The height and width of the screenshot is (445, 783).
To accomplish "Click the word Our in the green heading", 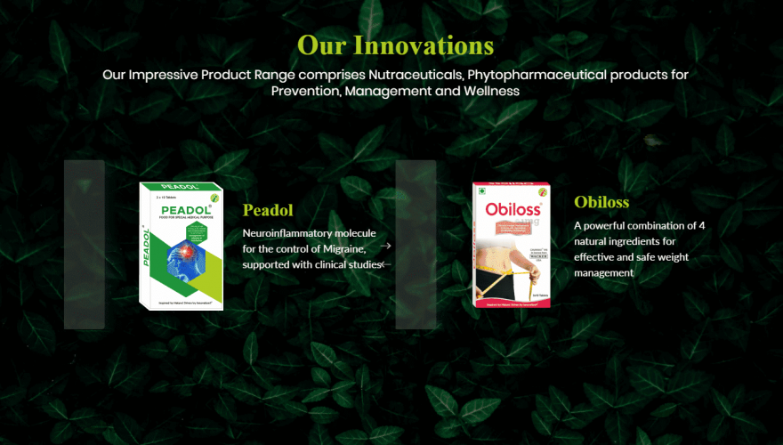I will click(322, 44).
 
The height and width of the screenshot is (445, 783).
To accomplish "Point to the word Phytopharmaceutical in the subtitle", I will click(532, 75).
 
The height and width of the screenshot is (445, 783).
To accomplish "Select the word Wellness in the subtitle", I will click(488, 92).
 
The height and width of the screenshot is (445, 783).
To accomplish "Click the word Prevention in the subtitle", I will click(304, 92).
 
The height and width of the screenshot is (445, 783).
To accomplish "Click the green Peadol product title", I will click(268, 211).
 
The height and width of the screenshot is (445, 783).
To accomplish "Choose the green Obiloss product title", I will click(601, 202).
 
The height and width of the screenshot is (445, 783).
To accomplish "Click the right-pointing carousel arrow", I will click(386, 246).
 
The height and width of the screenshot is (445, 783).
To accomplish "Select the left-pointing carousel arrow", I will click(385, 264).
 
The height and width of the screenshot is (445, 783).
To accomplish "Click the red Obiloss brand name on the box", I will click(511, 210).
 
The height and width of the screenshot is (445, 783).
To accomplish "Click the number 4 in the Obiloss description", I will click(701, 226).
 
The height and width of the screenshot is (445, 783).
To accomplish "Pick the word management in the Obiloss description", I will click(604, 273).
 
